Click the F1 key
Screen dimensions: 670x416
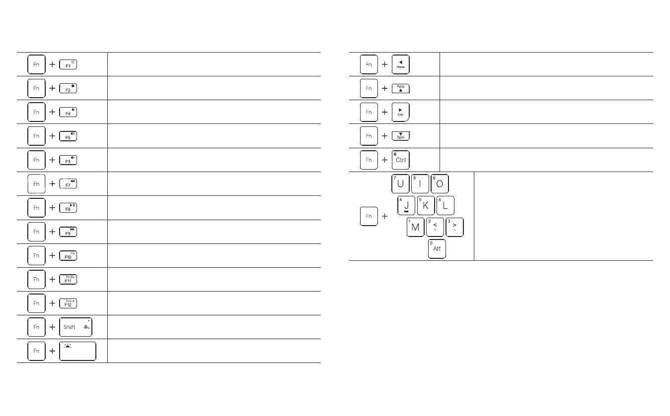(68, 64)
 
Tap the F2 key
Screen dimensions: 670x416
(68, 88)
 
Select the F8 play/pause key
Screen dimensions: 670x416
(68, 208)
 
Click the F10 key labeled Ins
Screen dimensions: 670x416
(68, 255)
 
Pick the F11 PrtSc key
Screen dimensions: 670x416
(68, 279)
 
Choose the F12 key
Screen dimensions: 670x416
(68, 303)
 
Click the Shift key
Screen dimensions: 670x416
(75, 327)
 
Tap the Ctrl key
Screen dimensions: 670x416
(400, 160)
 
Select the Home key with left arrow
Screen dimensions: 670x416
(400, 64)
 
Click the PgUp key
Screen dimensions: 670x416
(400, 88)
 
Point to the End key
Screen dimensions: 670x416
(400, 112)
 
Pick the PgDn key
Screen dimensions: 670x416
(400, 136)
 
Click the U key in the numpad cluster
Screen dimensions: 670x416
(400, 184)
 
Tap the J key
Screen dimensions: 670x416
(406, 206)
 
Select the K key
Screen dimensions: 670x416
(426, 206)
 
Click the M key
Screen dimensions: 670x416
(415, 227)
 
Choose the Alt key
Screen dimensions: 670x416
(437, 249)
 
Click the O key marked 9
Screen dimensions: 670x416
(439, 184)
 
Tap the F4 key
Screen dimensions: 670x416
(68, 112)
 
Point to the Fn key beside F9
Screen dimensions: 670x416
(36, 232)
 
